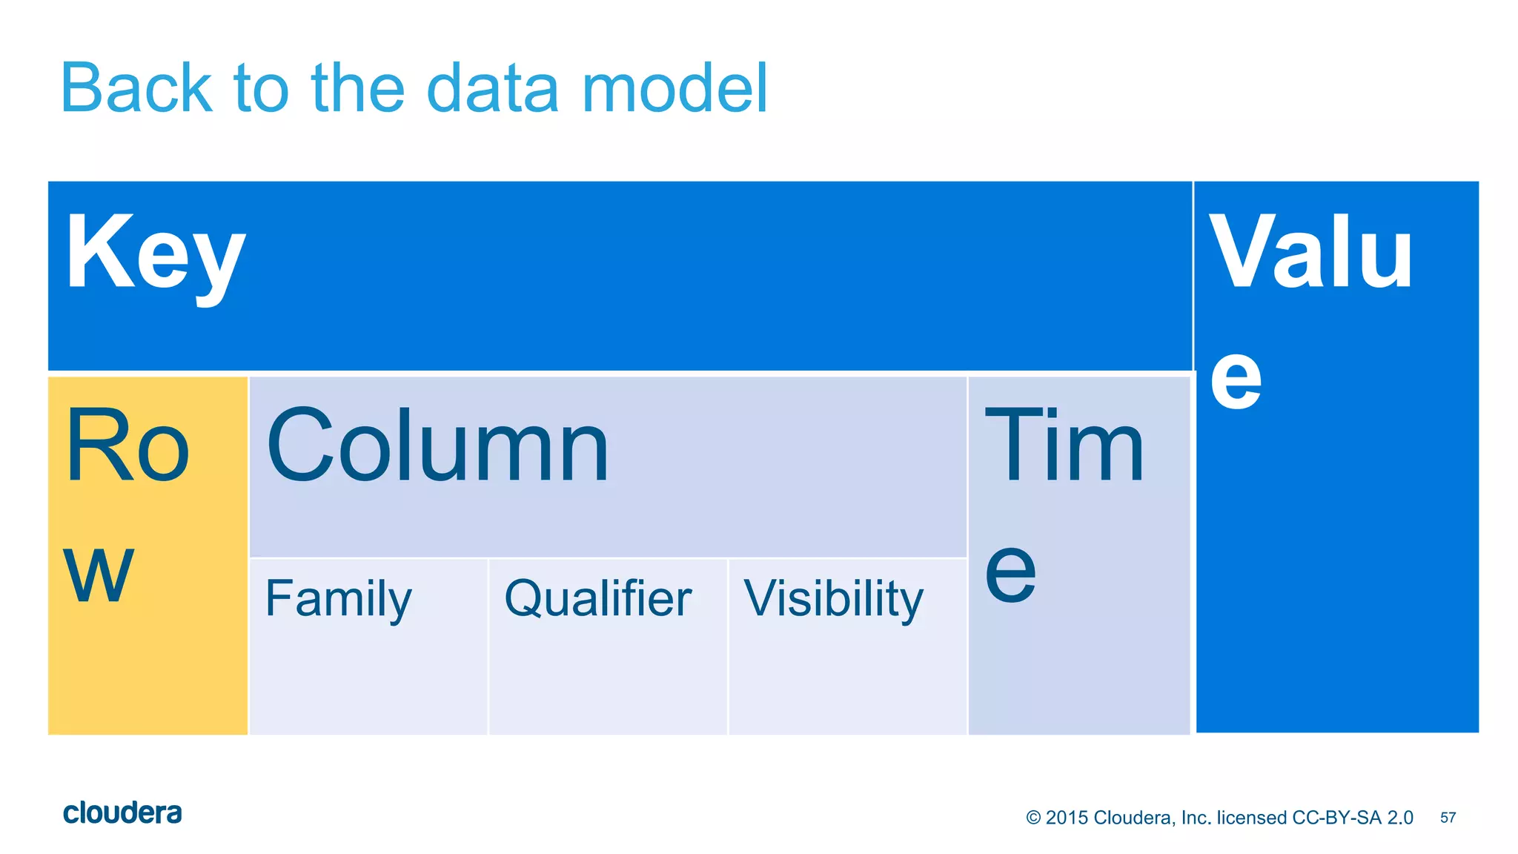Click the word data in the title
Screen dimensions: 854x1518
(x=492, y=88)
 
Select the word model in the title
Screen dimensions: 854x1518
(x=675, y=88)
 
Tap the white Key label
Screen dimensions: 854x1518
(x=155, y=254)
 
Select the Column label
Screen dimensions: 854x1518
(x=437, y=447)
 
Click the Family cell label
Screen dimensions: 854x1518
(x=338, y=599)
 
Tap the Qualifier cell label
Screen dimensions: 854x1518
(x=597, y=599)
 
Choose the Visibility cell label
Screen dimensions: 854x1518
(x=834, y=599)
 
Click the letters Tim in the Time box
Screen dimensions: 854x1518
(x=1064, y=447)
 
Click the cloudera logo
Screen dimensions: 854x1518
(x=122, y=813)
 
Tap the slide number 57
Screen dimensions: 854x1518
(x=1448, y=818)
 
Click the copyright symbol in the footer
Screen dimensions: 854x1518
(x=1033, y=818)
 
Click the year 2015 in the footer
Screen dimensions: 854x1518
(x=1067, y=818)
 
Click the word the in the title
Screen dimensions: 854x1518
(x=358, y=88)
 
